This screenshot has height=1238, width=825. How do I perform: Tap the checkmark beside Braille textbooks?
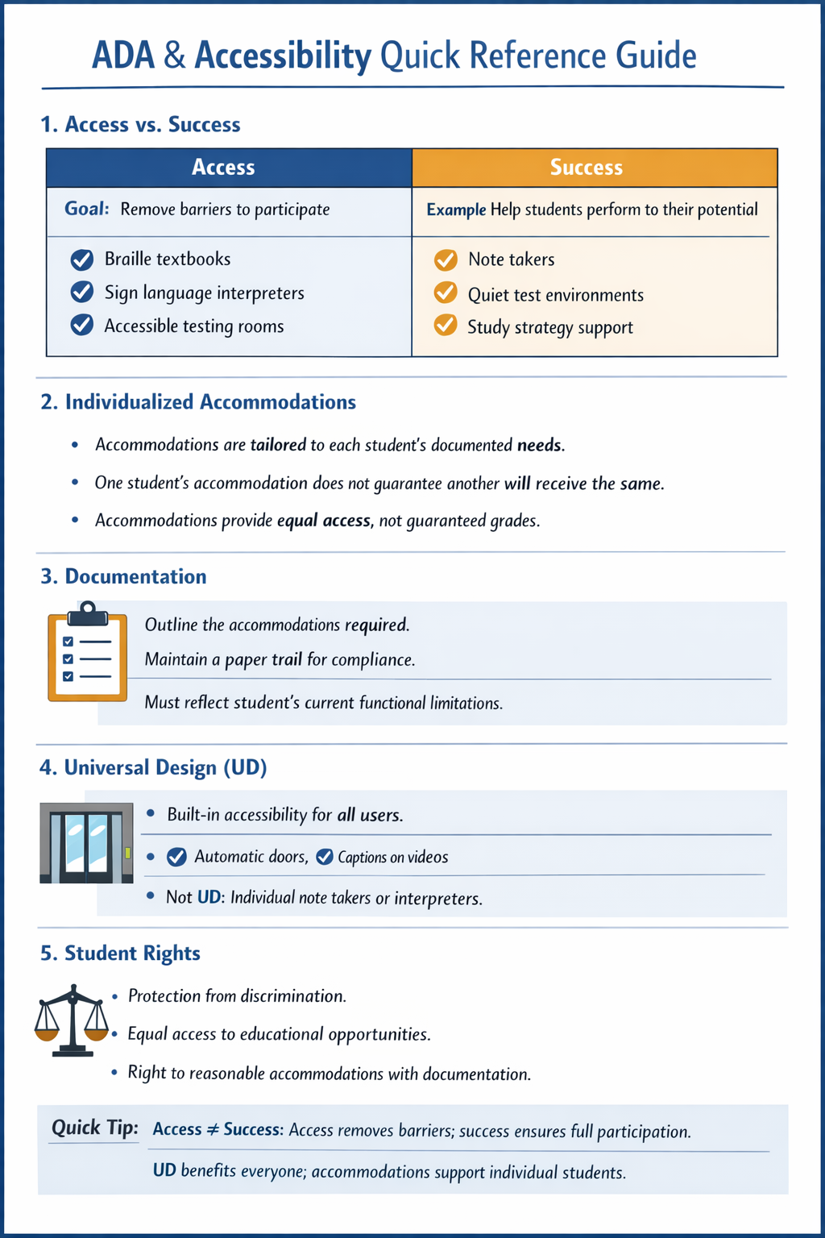[82, 260]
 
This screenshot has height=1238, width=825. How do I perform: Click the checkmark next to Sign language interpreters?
[82, 292]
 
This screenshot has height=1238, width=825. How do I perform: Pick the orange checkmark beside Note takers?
[446, 260]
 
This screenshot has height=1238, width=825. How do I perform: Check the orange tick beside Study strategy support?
[446, 326]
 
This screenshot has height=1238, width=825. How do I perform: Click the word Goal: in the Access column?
[86, 209]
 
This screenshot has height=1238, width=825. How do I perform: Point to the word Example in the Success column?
[456, 210]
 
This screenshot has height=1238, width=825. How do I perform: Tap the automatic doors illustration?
[86, 842]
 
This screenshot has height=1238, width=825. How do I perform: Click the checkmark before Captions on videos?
[325, 857]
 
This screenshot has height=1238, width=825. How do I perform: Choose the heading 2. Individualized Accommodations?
[198, 401]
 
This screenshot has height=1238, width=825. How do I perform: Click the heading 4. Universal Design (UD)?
[153, 767]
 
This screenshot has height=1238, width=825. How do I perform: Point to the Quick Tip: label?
[94, 1127]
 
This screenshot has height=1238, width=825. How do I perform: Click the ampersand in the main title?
[174, 56]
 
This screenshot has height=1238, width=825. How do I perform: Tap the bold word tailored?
[278, 445]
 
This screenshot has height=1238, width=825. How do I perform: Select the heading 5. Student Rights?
[120, 953]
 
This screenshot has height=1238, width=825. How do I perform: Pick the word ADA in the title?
[122, 56]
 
